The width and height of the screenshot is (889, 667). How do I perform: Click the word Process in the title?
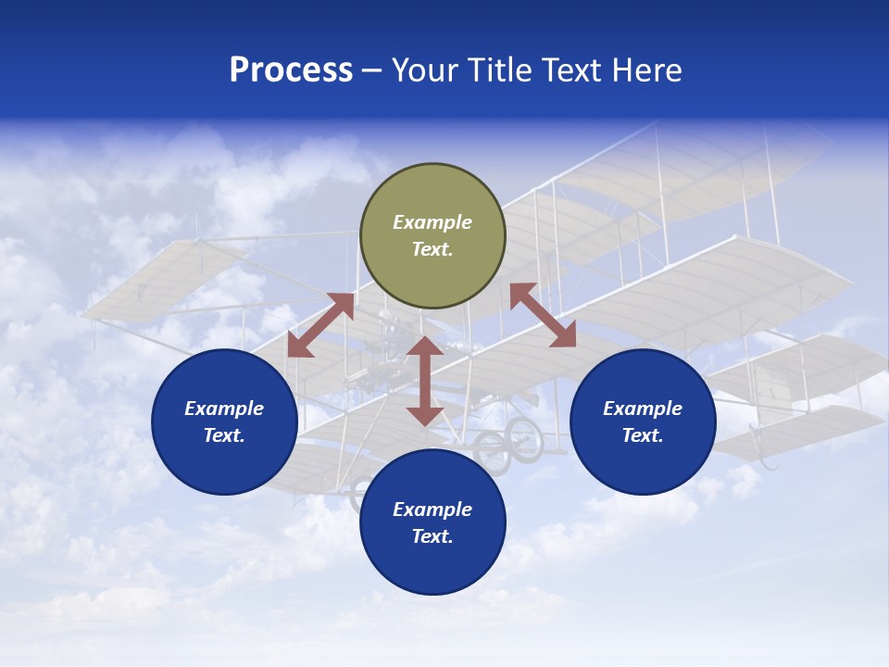291,70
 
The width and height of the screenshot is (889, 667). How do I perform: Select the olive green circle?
432,236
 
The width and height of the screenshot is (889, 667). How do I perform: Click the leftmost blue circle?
224,422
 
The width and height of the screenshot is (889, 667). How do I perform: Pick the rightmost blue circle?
643,422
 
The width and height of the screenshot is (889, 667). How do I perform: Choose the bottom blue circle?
432,522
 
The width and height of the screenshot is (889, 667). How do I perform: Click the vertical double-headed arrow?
425,381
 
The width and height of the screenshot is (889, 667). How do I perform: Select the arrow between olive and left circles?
320,324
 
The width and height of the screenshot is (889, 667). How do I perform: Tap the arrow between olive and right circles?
543,315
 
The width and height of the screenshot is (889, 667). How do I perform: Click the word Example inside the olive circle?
432,222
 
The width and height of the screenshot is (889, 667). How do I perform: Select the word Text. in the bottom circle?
432,536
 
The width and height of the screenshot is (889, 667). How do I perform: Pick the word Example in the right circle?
643,409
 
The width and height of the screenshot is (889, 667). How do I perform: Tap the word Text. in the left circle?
224,435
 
